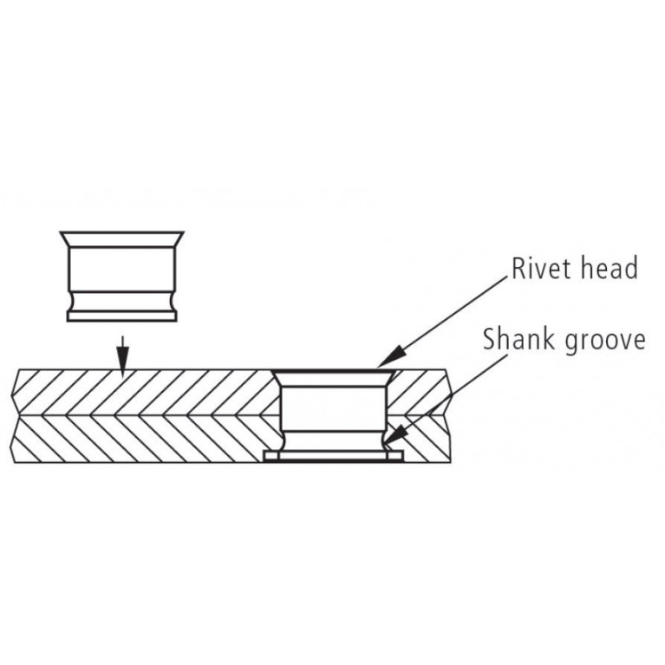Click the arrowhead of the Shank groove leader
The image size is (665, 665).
(394, 437)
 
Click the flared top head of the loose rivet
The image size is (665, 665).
(121, 239)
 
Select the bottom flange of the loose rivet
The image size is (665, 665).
(121, 316)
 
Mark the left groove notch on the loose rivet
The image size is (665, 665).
(72, 302)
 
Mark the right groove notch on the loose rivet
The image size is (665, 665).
(172, 302)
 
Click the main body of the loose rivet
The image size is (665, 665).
(121, 270)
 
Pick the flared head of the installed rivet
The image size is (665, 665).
(334, 378)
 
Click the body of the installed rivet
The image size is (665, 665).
(334, 408)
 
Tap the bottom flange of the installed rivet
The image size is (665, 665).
(333, 456)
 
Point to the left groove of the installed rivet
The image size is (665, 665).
(284, 441)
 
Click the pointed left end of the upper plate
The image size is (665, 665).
(12, 395)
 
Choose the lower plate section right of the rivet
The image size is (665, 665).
(424, 439)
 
